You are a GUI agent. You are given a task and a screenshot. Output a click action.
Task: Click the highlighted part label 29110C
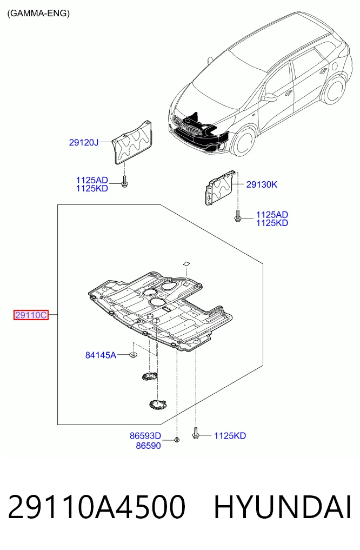tap(31, 315)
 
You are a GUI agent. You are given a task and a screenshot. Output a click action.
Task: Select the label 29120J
tap(84, 142)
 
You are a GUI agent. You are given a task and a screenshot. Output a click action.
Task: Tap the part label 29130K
tap(262, 184)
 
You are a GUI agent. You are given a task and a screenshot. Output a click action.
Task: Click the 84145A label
tap(101, 355)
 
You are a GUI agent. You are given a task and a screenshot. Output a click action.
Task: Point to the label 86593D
tap(145, 436)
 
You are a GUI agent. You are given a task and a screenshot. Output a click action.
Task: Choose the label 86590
tap(148, 446)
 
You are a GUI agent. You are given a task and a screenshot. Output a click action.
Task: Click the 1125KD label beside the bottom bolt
tap(230, 436)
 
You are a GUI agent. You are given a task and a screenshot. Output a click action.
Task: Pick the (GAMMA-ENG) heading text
tap(38, 14)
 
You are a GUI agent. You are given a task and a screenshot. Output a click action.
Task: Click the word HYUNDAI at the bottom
tap(283, 507)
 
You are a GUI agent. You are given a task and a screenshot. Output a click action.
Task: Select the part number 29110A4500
tap(96, 507)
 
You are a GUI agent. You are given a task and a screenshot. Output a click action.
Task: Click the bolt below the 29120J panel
tap(124, 182)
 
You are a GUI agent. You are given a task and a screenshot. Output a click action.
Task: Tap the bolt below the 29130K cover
tap(238, 216)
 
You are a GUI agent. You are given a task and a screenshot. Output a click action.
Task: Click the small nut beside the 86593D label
tap(177, 440)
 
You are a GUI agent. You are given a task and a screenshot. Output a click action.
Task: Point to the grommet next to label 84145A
tap(133, 355)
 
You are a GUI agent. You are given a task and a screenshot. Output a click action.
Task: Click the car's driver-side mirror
tap(270, 96)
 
